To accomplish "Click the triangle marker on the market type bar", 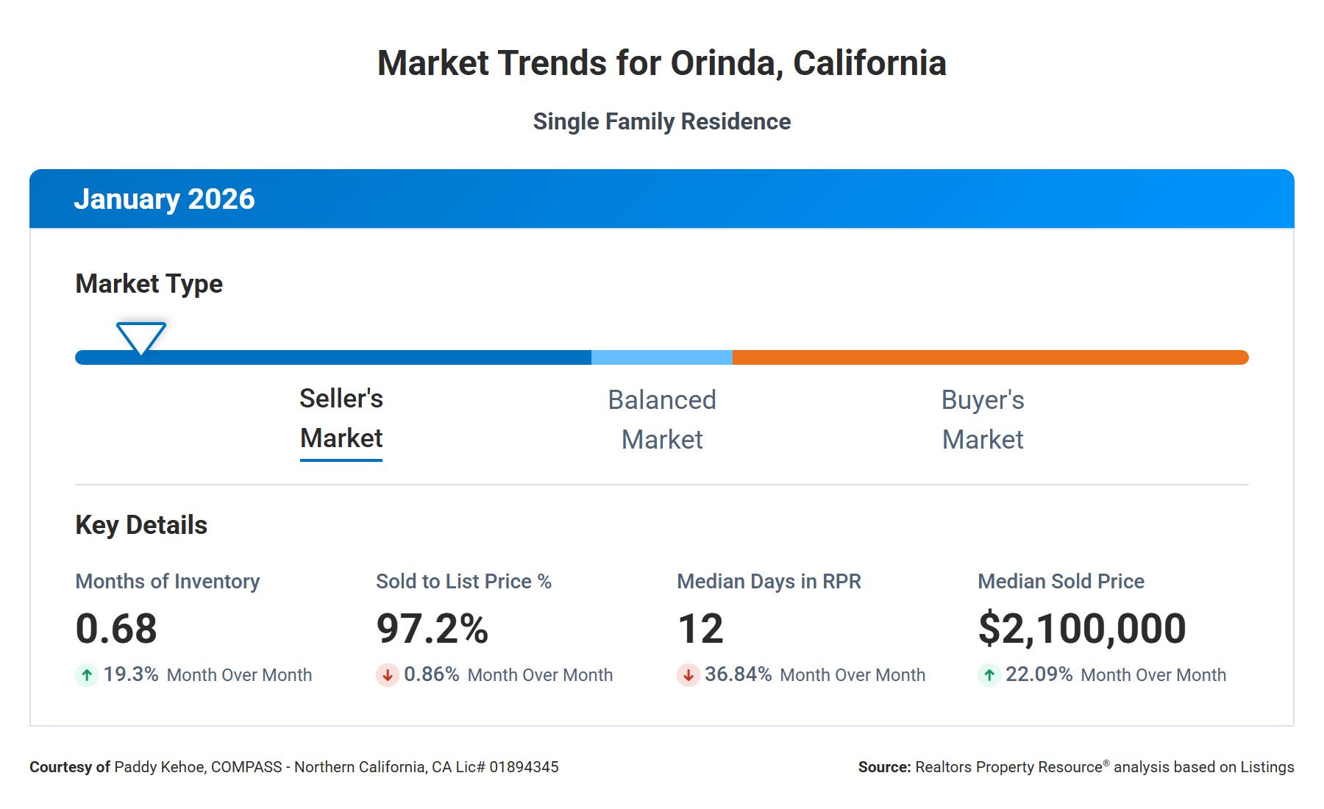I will tap(141, 337).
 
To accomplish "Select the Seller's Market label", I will tap(341, 418).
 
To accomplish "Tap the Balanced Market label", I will tap(662, 419).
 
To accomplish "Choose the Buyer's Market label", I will tap(983, 419).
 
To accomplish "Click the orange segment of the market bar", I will tap(990, 357).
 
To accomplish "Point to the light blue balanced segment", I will tap(662, 357).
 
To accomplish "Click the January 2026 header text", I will tap(164, 199).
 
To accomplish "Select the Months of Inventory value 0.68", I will tap(116, 629).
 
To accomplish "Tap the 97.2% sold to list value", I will tap(432, 629).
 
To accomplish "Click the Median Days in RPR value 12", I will tap(700, 629).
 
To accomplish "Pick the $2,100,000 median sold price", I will tap(1082, 629).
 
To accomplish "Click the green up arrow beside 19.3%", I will tap(87, 674).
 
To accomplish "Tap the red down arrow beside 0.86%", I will tap(388, 674).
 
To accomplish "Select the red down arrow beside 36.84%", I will tap(688, 674).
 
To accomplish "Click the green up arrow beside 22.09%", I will tap(989, 674).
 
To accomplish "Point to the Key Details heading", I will tap(141, 525).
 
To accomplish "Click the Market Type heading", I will tap(149, 284).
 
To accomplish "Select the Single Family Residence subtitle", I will tap(662, 121).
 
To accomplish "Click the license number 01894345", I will tap(524, 767).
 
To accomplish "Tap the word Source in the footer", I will tap(884, 767).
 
